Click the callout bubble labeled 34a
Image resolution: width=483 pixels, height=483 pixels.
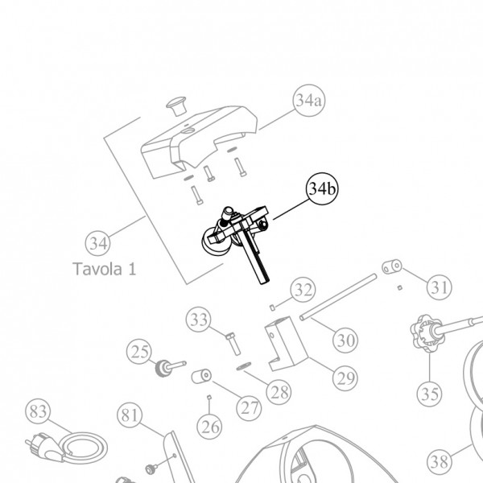pos(307,102)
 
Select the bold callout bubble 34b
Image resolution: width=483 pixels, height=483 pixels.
pos(320,190)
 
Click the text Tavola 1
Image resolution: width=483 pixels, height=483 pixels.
pos(103,268)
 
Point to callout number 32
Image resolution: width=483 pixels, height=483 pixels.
pos(302,289)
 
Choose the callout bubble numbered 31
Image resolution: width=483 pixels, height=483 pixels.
pos(439,286)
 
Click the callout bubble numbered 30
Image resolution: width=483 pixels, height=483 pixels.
pos(345,341)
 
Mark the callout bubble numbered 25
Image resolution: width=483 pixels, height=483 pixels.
pos(141,352)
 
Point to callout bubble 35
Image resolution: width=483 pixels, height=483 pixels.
pos(431,394)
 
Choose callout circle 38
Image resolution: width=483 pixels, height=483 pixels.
pos(440,462)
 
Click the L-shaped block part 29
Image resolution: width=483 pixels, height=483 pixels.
pos(284,346)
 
